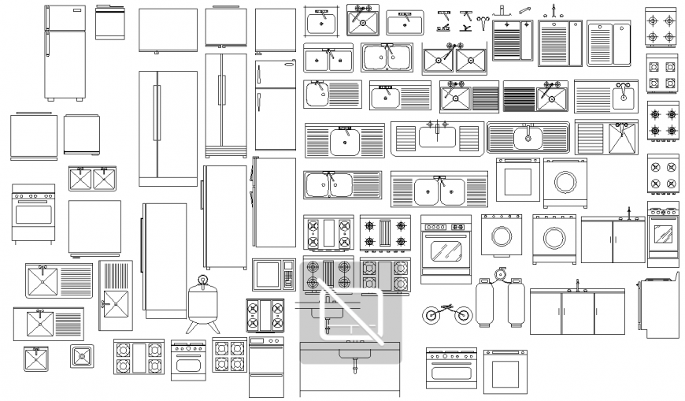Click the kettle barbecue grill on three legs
(x=203, y=303)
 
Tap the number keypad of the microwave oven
(x=288, y=276)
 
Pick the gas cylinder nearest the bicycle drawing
(x=485, y=303)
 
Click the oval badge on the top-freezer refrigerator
(x=284, y=65)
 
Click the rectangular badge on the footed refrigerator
(x=74, y=13)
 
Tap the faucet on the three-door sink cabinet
(x=577, y=284)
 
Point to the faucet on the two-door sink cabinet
(x=628, y=212)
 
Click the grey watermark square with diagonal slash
(x=350, y=317)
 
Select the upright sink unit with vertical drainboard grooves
(x=116, y=295)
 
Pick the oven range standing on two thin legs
(x=33, y=213)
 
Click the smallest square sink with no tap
(x=81, y=356)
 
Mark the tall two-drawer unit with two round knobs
(x=266, y=367)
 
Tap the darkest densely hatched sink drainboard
(x=519, y=97)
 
